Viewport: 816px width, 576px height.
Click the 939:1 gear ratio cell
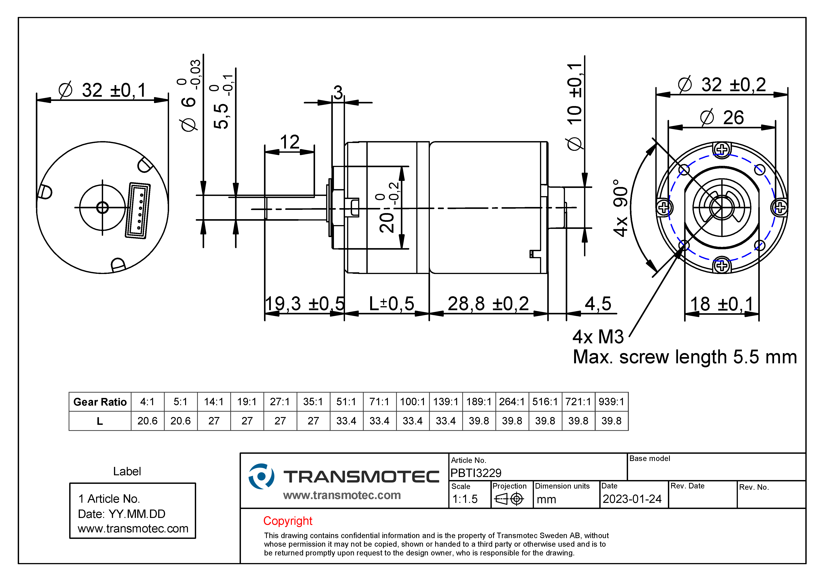point(611,402)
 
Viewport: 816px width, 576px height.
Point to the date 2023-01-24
point(632,499)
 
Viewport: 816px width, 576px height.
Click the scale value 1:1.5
point(465,499)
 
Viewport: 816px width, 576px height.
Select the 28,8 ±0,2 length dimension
point(488,304)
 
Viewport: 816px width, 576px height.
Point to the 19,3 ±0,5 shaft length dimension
point(305,304)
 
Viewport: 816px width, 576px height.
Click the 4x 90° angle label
point(620,208)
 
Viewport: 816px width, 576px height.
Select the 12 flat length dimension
point(290,142)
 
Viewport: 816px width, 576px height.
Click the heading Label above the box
point(127,471)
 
